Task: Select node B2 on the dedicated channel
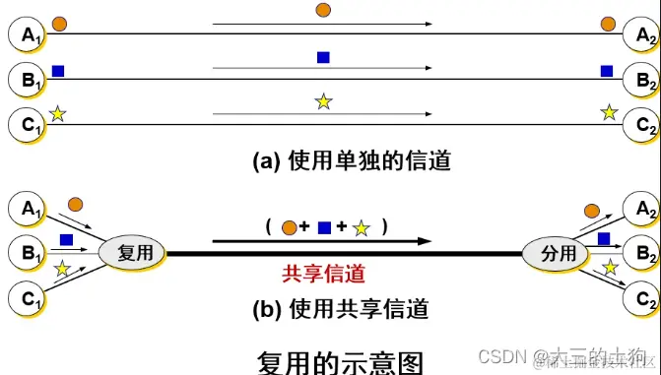(x=641, y=77)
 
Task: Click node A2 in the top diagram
(x=641, y=33)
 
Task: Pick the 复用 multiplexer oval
(x=131, y=252)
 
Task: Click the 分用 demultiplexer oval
(x=554, y=252)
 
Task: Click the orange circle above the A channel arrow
(x=323, y=11)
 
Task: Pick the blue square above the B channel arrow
(x=323, y=57)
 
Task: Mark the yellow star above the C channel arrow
(x=323, y=100)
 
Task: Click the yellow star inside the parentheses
(x=362, y=228)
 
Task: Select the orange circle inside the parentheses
(x=289, y=228)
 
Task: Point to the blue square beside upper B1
(x=57, y=70)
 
